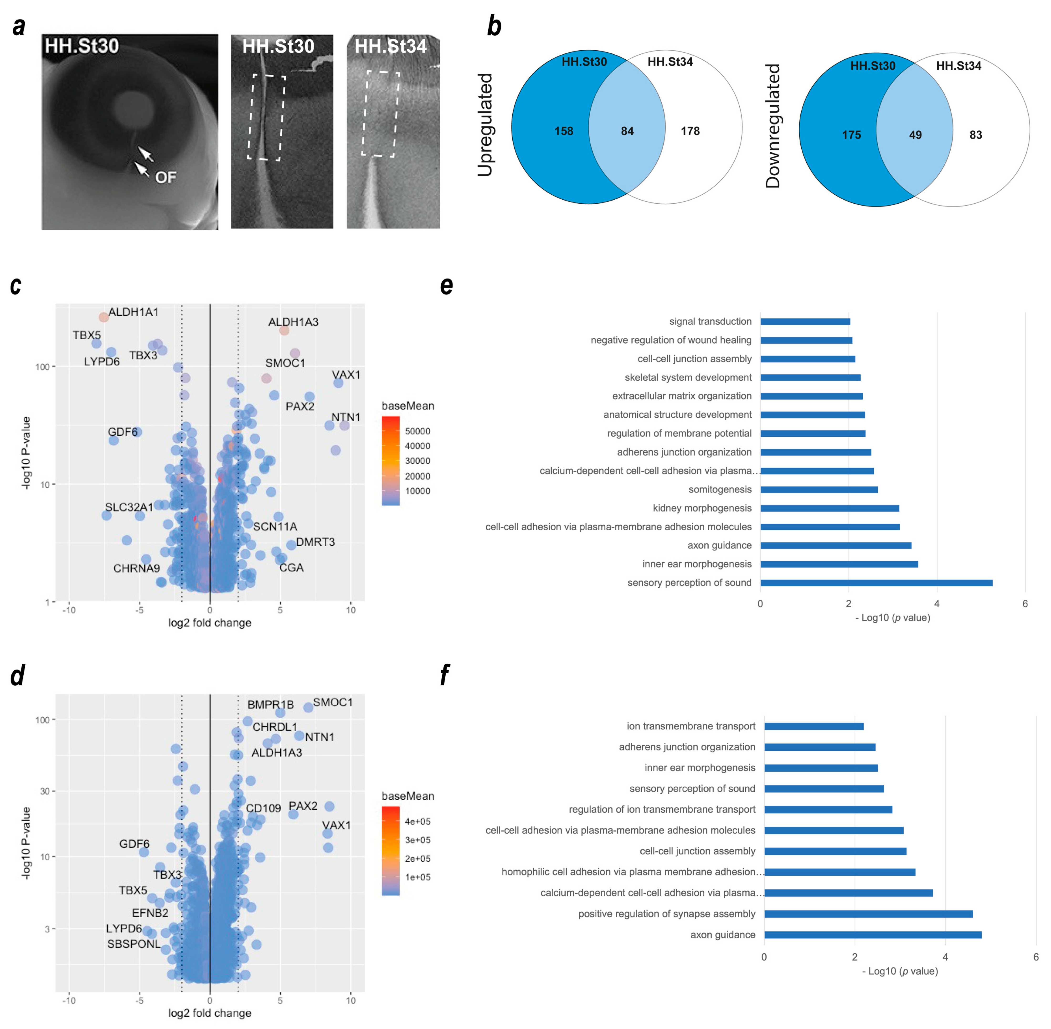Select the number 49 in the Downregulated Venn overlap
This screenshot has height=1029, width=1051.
915,135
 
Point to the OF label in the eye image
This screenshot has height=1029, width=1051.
165,177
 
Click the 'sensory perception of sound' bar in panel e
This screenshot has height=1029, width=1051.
875,583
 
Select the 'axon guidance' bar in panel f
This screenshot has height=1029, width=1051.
872,934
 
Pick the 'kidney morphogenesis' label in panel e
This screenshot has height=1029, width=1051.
702,508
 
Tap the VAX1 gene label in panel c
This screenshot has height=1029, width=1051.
346,375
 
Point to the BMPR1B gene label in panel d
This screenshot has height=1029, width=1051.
270,705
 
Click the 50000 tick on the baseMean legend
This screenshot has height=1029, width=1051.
417,431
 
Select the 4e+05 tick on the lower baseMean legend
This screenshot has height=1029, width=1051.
417,822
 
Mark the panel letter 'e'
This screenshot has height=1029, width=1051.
446,285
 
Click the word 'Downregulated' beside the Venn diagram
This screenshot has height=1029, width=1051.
773,126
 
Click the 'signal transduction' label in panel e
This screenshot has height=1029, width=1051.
710,321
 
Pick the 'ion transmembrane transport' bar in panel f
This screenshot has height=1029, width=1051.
813,726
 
